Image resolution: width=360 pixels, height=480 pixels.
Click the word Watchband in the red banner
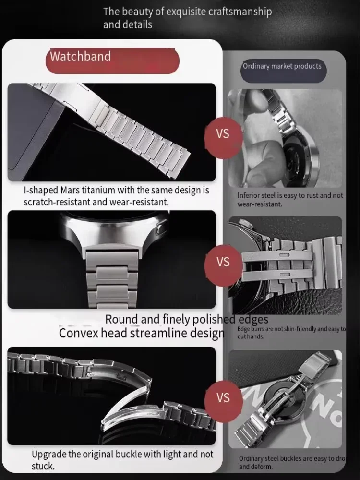pyautogui.click(x=80, y=57)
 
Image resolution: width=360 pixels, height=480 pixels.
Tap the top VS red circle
pyautogui.click(x=223, y=134)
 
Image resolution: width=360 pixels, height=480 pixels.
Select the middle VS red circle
pyautogui.click(x=223, y=262)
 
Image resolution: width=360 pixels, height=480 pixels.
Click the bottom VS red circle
pyautogui.click(x=223, y=398)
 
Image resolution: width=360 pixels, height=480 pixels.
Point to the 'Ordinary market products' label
pyautogui.click(x=282, y=66)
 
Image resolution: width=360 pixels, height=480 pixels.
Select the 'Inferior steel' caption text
pyautogui.click(x=290, y=200)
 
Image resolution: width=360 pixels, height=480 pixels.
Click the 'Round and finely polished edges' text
pyautogui.click(x=187, y=319)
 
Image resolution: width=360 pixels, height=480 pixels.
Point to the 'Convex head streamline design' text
pyautogui.click(x=142, y=333)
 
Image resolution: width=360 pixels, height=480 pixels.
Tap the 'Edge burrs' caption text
pyautogui.click(x=291, y=333)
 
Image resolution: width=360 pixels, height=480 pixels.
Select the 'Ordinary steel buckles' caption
pyautogui.click(x=291, y=462)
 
